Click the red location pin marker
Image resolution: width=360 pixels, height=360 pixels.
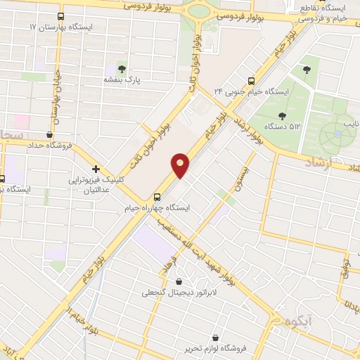[x=181, y=165]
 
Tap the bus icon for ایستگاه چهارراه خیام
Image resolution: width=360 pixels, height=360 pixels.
[x=157, y=198]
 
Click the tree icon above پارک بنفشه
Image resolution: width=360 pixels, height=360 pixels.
[x=122, y=69]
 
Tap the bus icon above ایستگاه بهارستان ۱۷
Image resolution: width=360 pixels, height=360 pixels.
[x=60, y=15]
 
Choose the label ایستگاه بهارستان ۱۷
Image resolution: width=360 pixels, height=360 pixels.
[x=61, y=26]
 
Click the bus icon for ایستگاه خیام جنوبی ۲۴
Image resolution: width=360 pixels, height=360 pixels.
[x=252, y=81]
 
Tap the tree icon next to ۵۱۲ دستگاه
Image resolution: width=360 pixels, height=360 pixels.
[x=282, y=116]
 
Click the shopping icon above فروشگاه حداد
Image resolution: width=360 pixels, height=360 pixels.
[x=49, y=134]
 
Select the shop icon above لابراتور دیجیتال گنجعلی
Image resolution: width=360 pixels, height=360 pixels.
[x=179, y=281]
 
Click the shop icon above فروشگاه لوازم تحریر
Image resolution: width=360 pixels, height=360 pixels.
[x=224, y=338]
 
